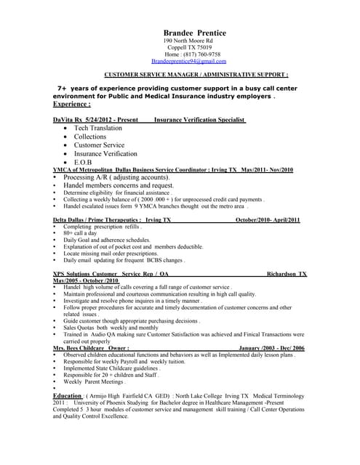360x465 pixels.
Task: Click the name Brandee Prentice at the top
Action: pyautogui.click(x=194, y=33)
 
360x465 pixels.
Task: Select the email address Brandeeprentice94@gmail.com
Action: pyautogui.click(x=194, y=62)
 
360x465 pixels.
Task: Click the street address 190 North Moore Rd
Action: pyautogui.click(x=188, y=41)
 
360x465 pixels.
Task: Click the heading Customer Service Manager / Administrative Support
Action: pyautogui.click(x=196, y=75)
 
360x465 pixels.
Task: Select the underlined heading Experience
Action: pyautogui.click(x=71, y=104)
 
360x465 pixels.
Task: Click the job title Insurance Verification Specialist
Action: pyautogui.click(x=200, y=119)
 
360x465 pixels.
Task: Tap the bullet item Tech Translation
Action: pyautogui.click(x=98, y=128)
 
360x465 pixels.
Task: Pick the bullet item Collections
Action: pyautogui.click(x=90, y=137)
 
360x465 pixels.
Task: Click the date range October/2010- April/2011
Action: pyautogui.click(x=268, y=219)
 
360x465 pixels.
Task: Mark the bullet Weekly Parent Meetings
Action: pyautogui.click(x=95, y=381)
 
